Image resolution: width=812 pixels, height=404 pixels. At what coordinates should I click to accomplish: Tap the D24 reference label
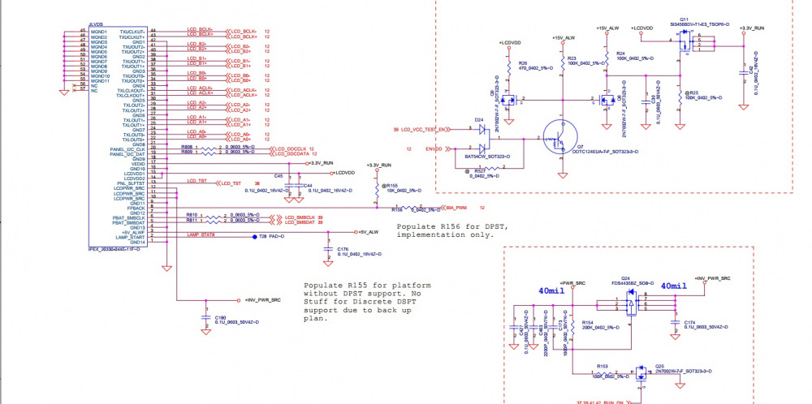pos(478,119)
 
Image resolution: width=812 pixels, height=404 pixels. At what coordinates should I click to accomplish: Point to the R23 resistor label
pos(572,58)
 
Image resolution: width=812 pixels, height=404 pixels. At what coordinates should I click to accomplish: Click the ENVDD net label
pos(434,149)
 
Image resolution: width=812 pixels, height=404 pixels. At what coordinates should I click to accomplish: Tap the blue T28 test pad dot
pos(253,236)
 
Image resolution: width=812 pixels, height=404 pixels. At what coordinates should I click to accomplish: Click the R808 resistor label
pos(187,147)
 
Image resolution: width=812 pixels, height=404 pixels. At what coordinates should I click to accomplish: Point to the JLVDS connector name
pos(95,27)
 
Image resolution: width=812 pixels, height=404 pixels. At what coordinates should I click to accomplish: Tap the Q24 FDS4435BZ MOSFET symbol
pos(629,304)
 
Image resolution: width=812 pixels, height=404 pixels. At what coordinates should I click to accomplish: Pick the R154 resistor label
pos(585,322)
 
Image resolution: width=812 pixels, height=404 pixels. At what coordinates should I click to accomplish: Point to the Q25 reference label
pos(659,366)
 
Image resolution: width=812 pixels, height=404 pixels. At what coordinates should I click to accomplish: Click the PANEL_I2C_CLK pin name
pos(128,149)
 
